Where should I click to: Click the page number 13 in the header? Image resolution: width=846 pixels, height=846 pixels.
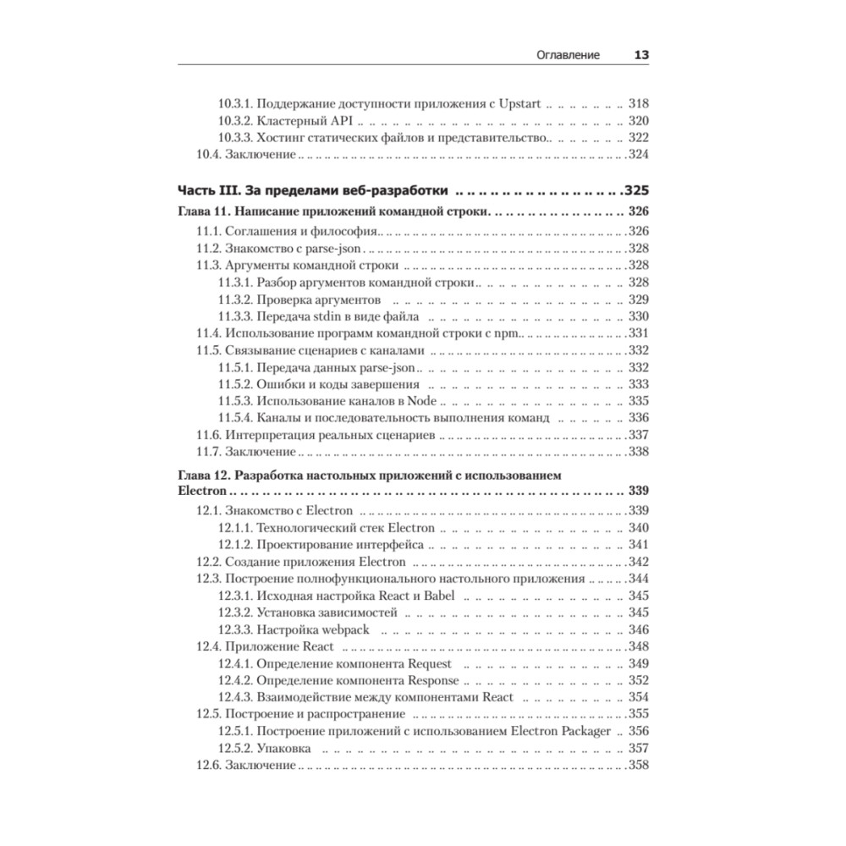[640, 55]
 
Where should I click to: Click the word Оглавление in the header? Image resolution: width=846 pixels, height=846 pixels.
[569, 55]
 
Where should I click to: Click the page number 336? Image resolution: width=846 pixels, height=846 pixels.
[639, 418]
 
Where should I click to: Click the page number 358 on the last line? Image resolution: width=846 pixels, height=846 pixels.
[638, 766]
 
